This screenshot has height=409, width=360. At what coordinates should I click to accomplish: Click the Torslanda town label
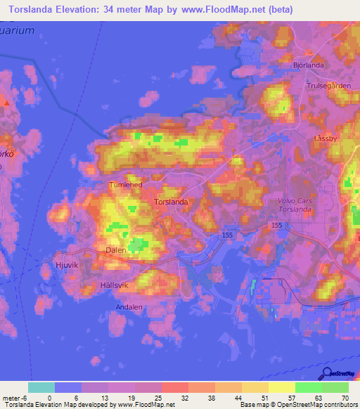(x=170, y=202)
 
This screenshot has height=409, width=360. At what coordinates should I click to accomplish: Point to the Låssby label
(x=326, y=138)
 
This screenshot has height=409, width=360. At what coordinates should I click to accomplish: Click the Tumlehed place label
(x=126, y=185)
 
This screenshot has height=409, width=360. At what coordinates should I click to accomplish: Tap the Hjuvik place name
(x=68, y=265)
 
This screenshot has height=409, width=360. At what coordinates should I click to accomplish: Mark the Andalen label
(x=131, y=307)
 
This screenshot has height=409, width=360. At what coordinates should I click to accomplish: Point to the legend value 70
(x=345, y=397)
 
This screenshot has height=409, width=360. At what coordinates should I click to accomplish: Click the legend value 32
(x=184, y=397)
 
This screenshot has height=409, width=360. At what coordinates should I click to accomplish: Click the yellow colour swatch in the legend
(x=281, y=387)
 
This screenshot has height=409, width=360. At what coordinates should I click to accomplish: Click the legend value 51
(x=264, y=397)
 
